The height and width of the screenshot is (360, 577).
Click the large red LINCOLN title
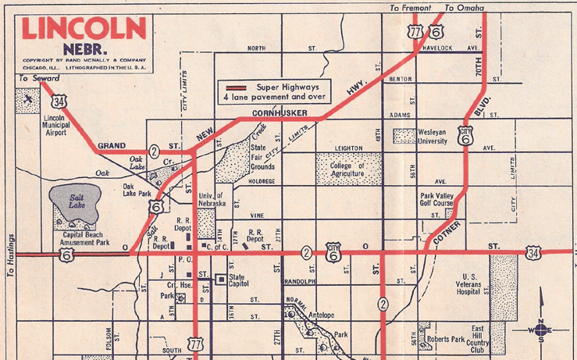[x=84, y=28]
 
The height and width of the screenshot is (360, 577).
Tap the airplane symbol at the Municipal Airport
[x=29, y=100]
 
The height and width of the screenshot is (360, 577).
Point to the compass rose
[x=540, y=330]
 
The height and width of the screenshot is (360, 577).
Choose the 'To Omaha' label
[x=464, y=9]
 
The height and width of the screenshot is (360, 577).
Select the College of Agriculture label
[x=348, y=170]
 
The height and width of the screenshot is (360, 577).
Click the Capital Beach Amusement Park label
[x=86, y=238]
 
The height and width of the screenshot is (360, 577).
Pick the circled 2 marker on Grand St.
[x=155, y=151]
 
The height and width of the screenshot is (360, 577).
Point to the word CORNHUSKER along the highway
[x=280, y=114]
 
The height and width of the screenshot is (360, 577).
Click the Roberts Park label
[x=446, y=340]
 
